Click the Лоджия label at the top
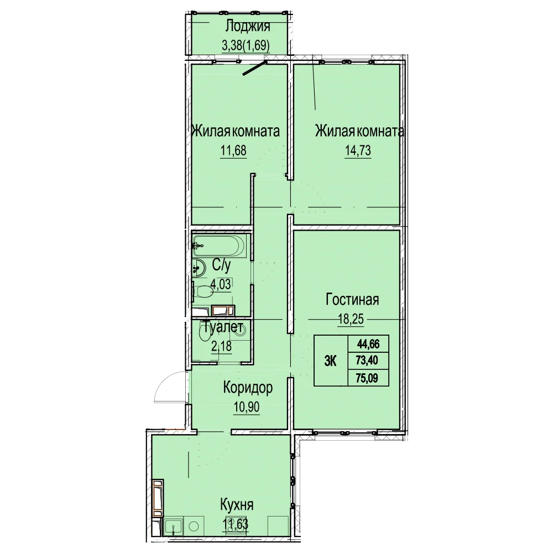tap(248, 26)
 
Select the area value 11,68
tap(233, 150)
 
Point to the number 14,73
tap(358, 150)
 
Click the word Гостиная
tap(352, 300)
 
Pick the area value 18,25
tap(351, 319)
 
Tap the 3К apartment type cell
tap(331, 361)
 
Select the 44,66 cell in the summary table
tap(368, 343)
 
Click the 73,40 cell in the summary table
tap(368, 361)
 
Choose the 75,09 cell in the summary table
tap(368, 378)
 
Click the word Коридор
tap(248, 388)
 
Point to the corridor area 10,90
tap(247, 408)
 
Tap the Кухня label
tap(237, 505)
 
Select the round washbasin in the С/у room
tap(199, 268)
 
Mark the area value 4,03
tap(221, 284)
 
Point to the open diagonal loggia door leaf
tap(254, 69)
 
